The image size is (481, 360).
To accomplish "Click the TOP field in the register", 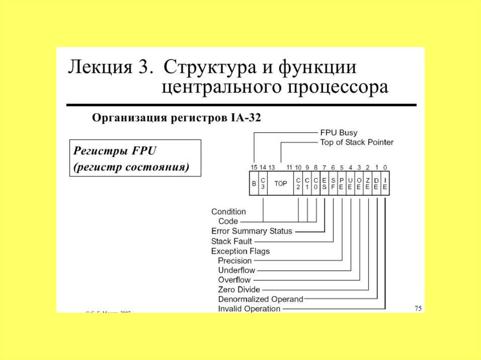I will pos(280,184).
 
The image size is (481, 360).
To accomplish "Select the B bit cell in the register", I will pos(254,184).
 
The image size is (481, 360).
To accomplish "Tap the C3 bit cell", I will pos(263,184).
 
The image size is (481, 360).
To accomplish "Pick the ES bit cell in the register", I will pos(325,184).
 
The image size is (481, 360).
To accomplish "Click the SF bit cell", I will pos(333,184).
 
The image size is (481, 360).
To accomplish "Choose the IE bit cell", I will pos(385,184).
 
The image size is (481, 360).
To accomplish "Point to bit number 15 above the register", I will pos(254,167).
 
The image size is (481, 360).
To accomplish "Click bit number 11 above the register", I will pos(289,167).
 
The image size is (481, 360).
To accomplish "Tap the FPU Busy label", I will pos(338,133).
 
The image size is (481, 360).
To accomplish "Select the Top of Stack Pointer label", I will pos(357,142).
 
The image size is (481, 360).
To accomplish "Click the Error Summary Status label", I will pos(252,231).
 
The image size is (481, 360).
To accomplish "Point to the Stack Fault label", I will pos(232,241).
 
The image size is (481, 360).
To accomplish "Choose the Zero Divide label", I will pos(239,290).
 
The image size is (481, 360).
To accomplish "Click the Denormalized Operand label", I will pos(261,299).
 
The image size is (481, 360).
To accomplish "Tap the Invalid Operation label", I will pos(249,308).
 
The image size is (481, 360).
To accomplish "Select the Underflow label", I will pos(237,270).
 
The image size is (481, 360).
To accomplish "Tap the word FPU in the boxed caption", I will pos(144,152).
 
